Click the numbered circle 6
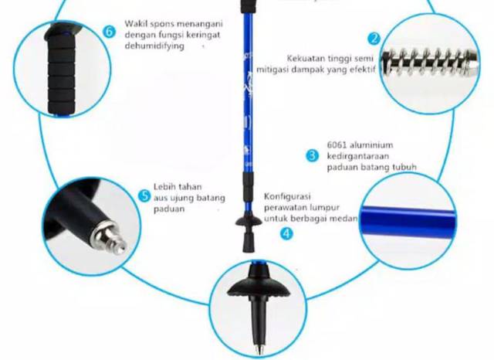coord(109,32)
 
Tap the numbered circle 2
coord(374,39)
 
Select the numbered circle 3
coord(312,156)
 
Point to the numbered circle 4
coord(286,233)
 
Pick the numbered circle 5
coord(144,196)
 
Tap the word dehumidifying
coord(154,46)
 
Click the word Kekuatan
coord(303,58)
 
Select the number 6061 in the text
coord(337,145)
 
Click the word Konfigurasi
coord(287,197)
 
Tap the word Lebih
coord(163,187)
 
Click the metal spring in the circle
coord(430,63)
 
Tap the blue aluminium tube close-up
coord(408,221)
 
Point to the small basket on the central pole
coord(249,220)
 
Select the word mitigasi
coord(272,70)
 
